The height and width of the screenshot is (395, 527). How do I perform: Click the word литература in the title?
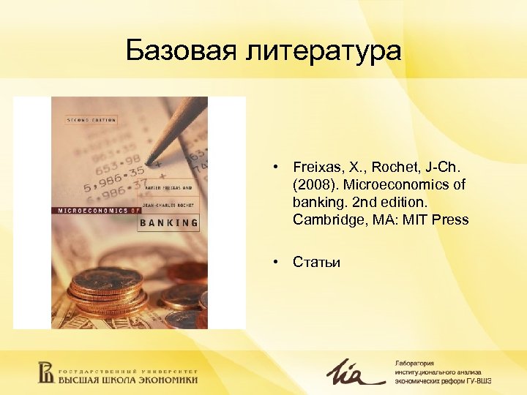pos(323,51)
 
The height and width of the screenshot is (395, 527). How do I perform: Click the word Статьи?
pos(316,262)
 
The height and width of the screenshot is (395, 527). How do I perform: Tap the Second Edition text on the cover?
pos(91,120)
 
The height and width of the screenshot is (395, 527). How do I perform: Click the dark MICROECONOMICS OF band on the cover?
pos(95,211)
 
